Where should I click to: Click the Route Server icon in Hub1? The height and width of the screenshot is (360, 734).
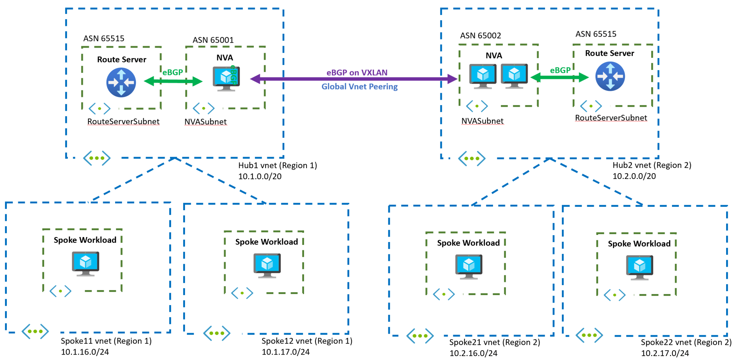121,83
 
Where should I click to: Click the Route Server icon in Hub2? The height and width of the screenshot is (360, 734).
610,76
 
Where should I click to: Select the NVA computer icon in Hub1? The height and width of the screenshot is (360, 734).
226,79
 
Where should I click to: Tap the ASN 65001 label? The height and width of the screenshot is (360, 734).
213,40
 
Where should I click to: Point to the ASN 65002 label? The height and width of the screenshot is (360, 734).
480,35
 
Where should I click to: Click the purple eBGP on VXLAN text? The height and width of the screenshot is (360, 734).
357,72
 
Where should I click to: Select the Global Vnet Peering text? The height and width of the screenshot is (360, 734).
359,86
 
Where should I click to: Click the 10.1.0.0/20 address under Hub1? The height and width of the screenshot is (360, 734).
260,176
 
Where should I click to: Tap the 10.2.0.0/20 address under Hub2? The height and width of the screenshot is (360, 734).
634,176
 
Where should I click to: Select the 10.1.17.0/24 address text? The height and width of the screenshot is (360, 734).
285,352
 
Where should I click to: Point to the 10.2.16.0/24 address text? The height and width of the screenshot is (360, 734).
473,353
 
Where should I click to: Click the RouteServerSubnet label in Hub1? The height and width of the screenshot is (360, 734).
123,122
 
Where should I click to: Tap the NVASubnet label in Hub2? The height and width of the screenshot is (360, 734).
482,121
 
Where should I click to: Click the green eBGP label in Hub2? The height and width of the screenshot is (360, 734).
560,70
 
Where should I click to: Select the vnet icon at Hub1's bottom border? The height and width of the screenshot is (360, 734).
97,158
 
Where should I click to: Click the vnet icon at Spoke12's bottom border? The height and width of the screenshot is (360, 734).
217,333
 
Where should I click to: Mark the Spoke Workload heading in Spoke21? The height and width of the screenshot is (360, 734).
468,243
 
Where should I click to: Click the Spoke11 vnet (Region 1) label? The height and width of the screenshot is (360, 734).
106,341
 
